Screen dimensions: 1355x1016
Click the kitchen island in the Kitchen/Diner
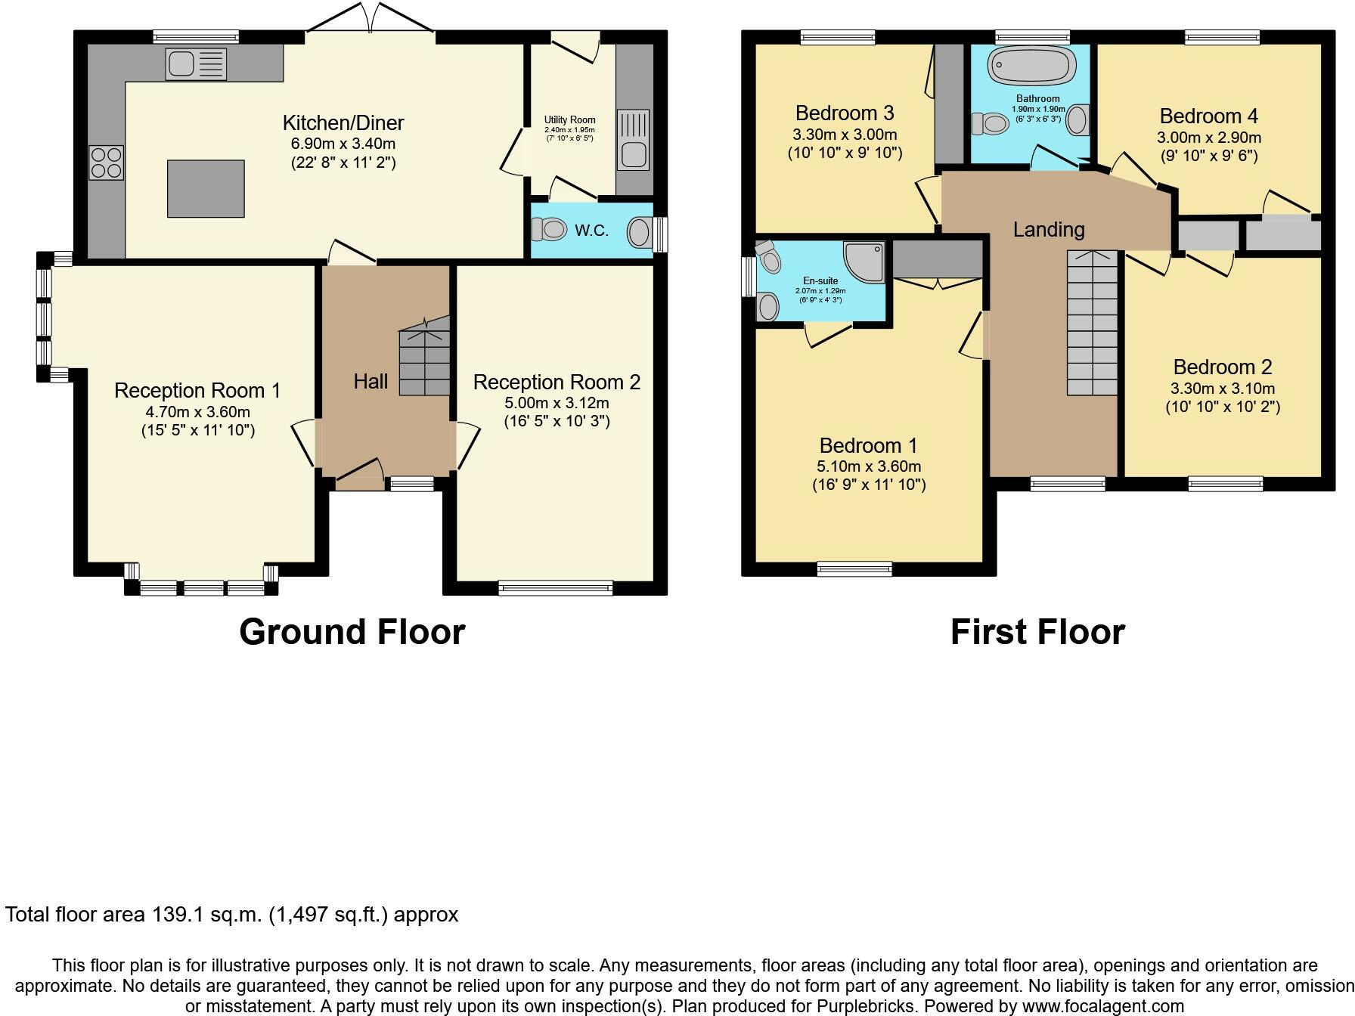click(x=206, y=188)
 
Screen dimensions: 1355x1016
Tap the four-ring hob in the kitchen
click(x=107, y=163)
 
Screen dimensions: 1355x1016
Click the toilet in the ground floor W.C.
click(x=549, y=228)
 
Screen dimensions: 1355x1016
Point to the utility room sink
click(x=633, y=140)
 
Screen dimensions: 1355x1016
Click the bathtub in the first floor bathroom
click(x=1032, y=65)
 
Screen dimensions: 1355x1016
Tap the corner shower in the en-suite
click(x=864, y=262)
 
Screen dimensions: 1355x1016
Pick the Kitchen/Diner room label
click(x=343, y=122)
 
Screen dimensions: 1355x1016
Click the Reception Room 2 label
click(x=557, y=382)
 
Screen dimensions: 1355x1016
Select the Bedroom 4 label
click(x=1208, y=116)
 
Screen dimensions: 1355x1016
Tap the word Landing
click(x=1049, y=229)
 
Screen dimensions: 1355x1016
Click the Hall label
click(x=371, y=381)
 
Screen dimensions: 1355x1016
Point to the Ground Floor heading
click(x=352, y=632)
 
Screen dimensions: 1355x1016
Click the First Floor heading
click(x=1037, y=632)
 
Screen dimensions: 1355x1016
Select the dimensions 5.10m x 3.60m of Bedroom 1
click(x=868, y=466)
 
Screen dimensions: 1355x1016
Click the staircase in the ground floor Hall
click(x=424, y=355)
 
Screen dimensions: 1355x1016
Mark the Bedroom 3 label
click(x=845, y=113)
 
